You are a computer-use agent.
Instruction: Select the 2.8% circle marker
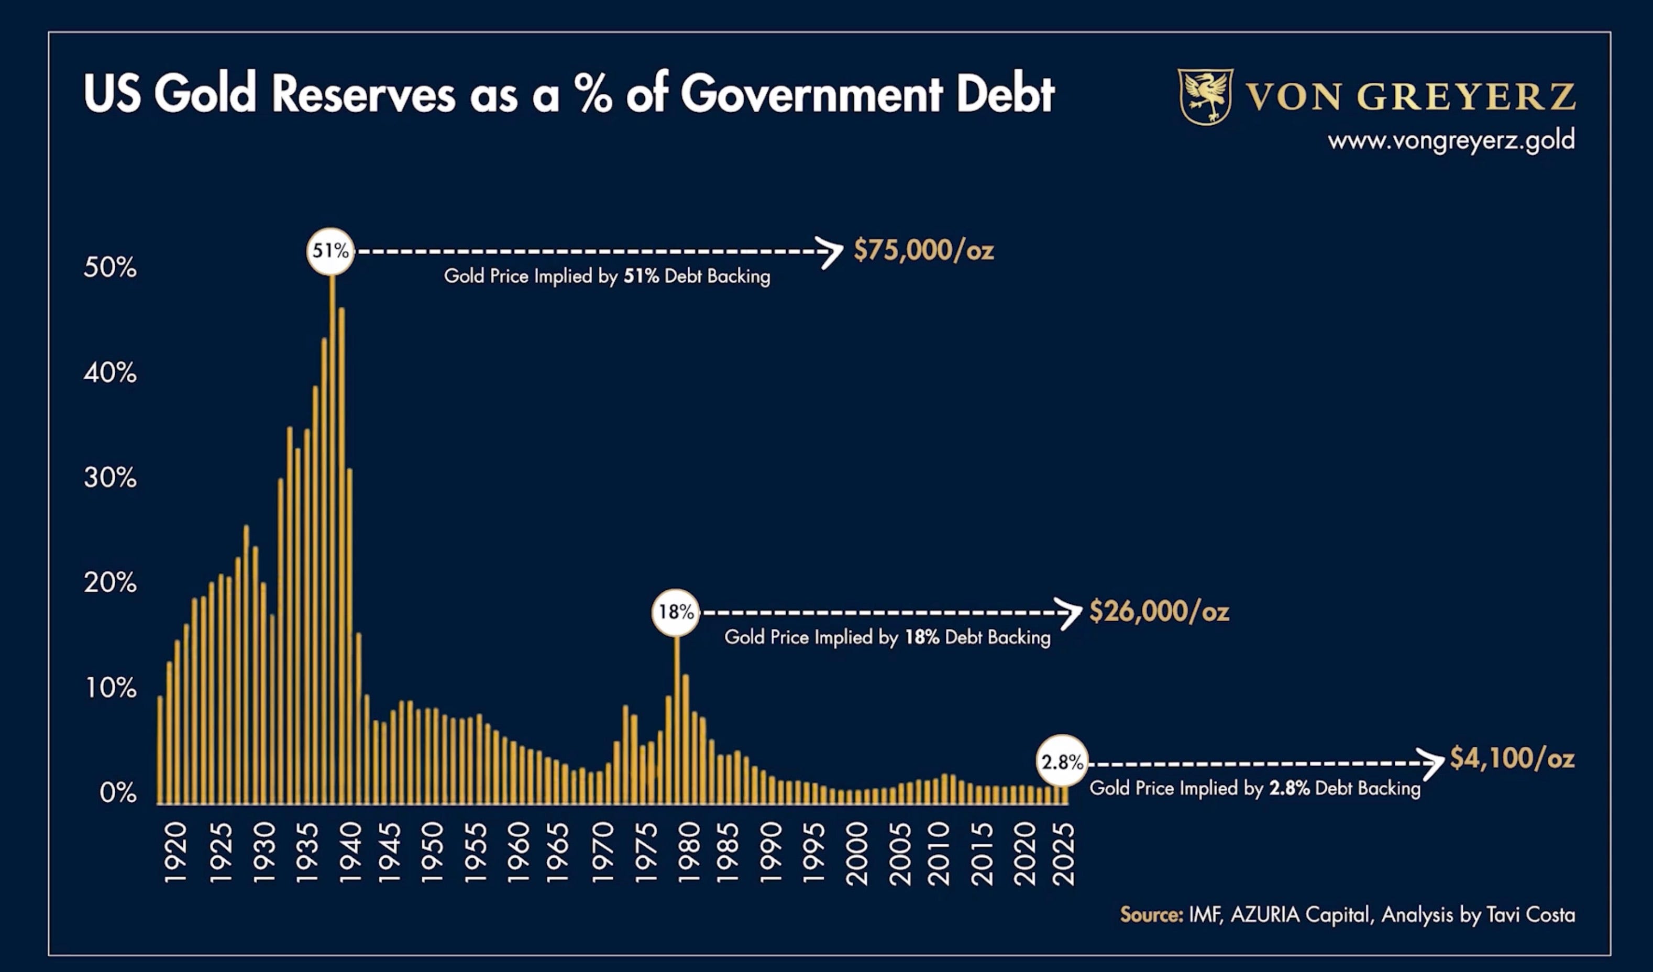(x=1062, y=761)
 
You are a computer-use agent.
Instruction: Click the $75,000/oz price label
(x=923, y=250)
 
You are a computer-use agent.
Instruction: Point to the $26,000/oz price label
(x=1159, y=612)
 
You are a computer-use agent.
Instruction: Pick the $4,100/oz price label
(x=1512, y=758)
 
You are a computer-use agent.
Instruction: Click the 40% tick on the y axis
(x=110, y=373)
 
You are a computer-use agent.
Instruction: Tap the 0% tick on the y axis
(x=118, y=793)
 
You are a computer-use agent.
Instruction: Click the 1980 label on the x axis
(x=689, y=853)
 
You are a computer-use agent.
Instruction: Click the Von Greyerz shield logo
(x=1205, y=96)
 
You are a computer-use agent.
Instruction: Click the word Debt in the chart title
(x=1005, y=93)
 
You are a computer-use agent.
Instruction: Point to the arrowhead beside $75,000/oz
(x=832, y=252)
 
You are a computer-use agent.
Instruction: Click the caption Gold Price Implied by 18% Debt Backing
(x=887, y=637)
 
